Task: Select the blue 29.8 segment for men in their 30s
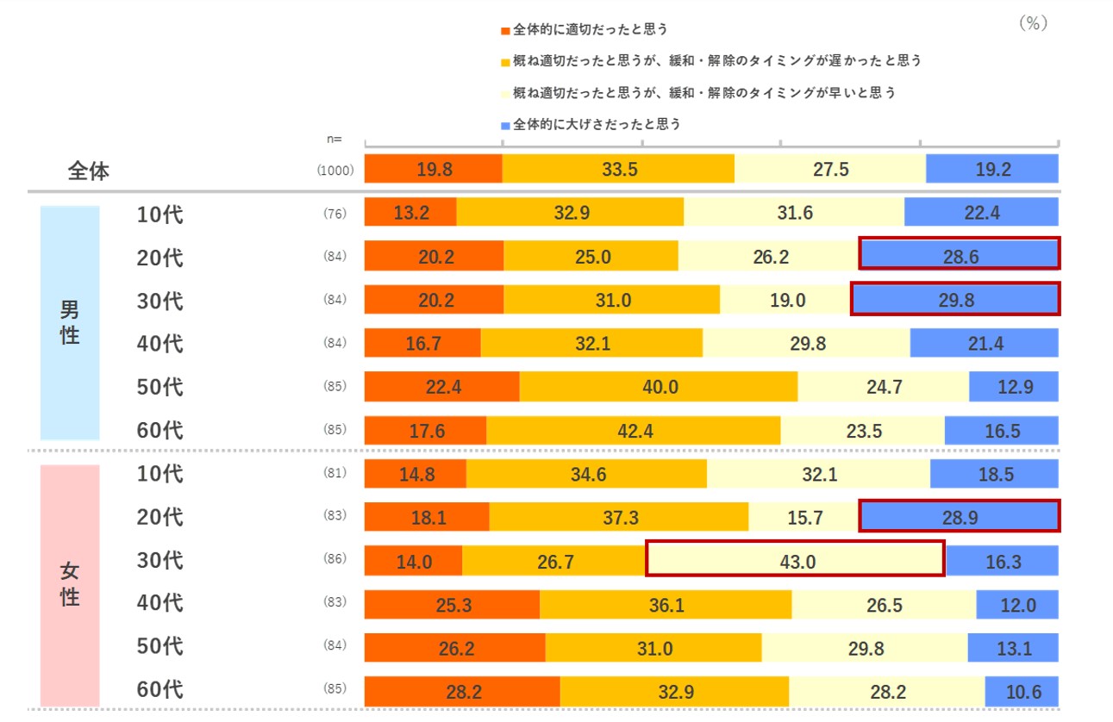955,300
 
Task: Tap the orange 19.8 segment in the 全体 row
434,169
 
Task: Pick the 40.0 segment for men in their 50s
659,387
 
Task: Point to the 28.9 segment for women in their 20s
959,518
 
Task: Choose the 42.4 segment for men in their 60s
634,431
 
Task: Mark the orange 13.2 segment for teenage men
410,213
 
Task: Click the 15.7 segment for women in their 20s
804,518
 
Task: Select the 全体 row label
89,171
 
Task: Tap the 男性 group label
70,322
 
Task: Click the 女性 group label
70,583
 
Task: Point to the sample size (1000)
335,171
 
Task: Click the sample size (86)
335,559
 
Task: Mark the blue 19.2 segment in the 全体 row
992,169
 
